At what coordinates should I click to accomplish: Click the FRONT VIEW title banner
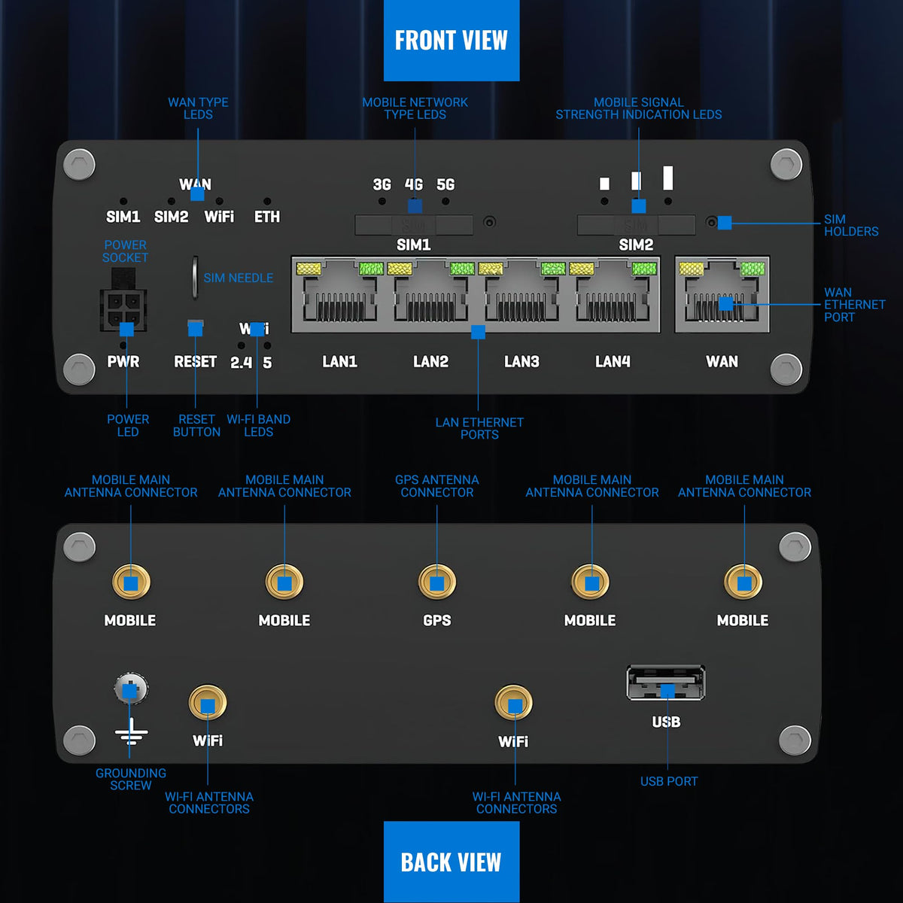click(451, 41)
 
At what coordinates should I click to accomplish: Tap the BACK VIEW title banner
click(451, 862)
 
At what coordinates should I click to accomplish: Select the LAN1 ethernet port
click(339, 293)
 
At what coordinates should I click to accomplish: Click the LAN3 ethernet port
click(521, 293)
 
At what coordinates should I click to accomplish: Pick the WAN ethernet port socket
click(722, 293)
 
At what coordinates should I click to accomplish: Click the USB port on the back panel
click(666, 683)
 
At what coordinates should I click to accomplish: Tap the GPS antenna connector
click(436, 582)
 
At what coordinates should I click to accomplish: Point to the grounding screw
click(131, 689)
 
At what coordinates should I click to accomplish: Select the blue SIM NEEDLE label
click(238, 278)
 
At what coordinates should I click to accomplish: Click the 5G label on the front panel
click(445, 184)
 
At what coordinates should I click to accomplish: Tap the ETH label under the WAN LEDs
click(267, 217)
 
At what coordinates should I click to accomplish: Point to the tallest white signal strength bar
click(667, 178)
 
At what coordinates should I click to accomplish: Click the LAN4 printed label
click(613, 361)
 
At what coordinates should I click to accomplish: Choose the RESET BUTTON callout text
click(196, 425)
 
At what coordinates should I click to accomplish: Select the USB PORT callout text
click(669, 781)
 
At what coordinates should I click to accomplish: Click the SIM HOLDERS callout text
click(851, 226)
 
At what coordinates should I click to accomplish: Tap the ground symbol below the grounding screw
click(131, 732)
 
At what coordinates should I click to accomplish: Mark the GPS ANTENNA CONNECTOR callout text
click(436, 486)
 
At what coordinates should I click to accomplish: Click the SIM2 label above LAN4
click(636, 245)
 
